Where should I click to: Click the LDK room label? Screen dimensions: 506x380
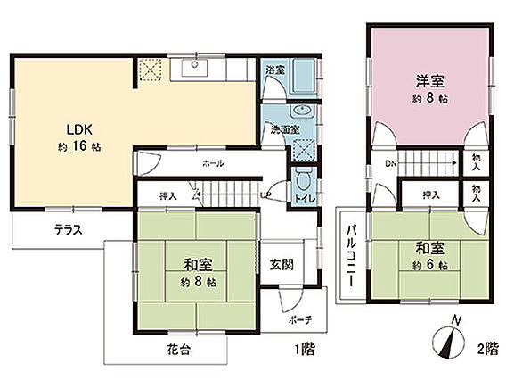(x=79, y=129)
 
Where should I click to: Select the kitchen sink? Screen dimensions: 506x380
(x=194, y=67)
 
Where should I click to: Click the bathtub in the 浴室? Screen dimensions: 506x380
(x=304, y=76)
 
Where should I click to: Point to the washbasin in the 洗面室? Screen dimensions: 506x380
(x=303, y=111)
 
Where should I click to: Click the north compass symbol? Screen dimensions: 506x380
(x=449, y=338)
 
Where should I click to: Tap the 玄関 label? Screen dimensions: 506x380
(x=282, y=265)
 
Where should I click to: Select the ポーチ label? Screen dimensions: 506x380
(x=300, y=320)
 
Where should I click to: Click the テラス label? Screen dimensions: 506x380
(x=69, y=230)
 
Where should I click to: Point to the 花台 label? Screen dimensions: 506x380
(x=178, y=350)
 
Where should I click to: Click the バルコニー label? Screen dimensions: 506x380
(x=351, y=255)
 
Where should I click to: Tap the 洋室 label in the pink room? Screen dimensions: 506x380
(x=430, y=81)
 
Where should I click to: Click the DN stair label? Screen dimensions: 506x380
(x=391, y=163)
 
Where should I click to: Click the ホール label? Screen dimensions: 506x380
(x=213, y=163)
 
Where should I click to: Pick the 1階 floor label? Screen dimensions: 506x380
(x=305, y=349)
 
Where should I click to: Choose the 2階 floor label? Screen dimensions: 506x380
(x=488, y=349)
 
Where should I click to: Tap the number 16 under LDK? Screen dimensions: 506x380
(x=79, y=146)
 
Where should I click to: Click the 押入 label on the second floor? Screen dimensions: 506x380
(x=431, y=194)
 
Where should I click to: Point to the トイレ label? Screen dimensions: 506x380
(x=305, y=199)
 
